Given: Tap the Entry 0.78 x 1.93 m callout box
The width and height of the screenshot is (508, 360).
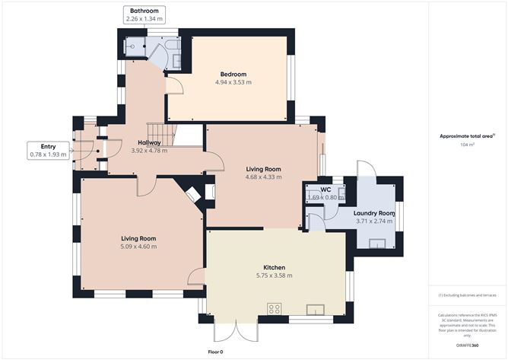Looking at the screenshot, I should [47, 150].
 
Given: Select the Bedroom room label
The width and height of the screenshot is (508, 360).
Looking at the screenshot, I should [232, 74].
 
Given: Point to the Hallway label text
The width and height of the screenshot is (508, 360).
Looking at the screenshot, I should [148, 142].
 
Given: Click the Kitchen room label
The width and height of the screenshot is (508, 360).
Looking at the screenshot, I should [274, 268].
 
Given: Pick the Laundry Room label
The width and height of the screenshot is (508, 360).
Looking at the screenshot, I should [374, 213].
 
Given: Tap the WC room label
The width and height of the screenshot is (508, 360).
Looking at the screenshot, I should [325, 190].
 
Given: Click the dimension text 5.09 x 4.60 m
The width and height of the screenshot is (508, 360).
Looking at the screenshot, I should [138, 247].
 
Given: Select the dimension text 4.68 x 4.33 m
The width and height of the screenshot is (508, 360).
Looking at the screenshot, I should [263, 177].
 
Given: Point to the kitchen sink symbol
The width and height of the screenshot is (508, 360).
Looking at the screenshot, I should [316, 308].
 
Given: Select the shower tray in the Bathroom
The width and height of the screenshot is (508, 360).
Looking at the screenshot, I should [134, 46].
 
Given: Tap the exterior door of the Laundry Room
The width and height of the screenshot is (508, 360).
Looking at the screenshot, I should [366, 170].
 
